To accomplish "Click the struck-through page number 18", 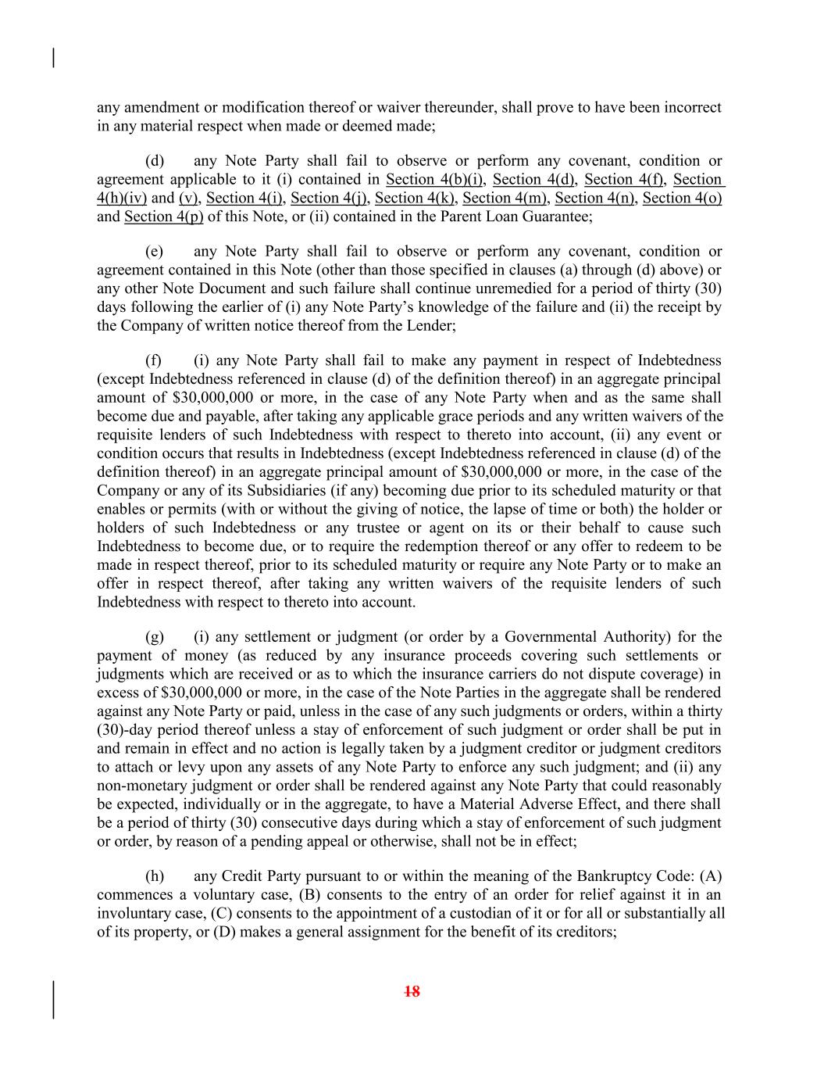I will [412, 992].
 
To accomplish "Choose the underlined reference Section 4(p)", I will [163, 217].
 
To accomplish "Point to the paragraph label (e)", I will [155, 252].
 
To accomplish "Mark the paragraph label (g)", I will [155, 637].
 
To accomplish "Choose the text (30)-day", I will [121, 730].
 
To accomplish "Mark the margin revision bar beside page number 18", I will [53, 1000].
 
